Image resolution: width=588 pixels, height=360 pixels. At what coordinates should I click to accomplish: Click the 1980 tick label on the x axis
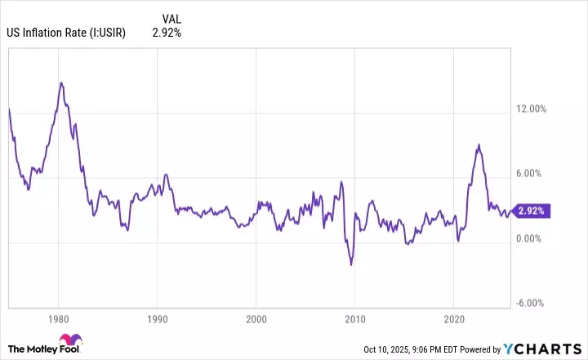58,317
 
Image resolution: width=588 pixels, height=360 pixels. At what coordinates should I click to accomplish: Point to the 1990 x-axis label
157,317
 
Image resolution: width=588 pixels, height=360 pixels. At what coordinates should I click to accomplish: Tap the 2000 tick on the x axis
256,317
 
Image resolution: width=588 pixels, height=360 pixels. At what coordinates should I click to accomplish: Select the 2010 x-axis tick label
355,317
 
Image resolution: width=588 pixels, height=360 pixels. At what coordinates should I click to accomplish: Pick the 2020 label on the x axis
455,317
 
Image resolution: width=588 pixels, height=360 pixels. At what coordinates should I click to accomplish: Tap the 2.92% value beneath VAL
167,33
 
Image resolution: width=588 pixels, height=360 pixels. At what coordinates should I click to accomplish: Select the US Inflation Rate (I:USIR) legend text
65,33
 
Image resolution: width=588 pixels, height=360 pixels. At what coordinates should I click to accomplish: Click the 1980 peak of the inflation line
61,82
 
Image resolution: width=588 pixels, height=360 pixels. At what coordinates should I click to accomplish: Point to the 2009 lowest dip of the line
351,264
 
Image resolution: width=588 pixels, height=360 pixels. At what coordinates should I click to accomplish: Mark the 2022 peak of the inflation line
479,144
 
